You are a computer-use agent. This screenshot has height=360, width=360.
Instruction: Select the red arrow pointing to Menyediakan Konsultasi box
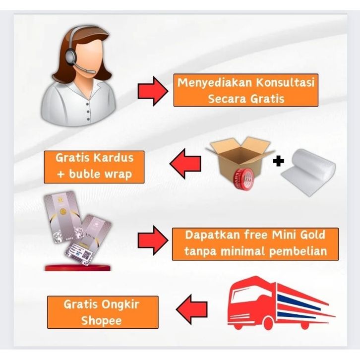click(151, 91)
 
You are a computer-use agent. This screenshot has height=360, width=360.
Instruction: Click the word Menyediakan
click(212, 82)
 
